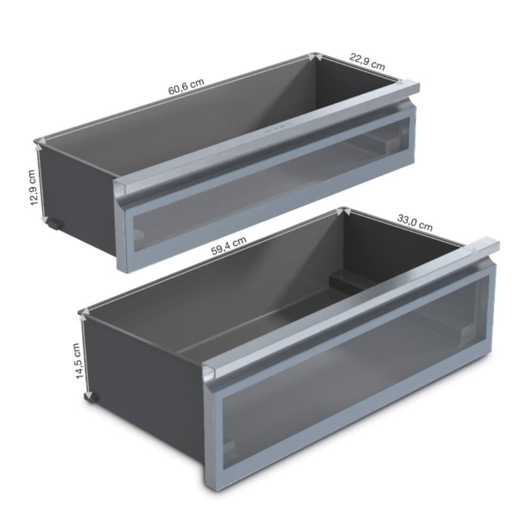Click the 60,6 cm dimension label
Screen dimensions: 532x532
click(186, 87)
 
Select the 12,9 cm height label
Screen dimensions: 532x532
click(32, 187)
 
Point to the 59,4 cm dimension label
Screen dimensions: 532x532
click(228, 245)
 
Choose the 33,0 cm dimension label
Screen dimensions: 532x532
click(415, 222)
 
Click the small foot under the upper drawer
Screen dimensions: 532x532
click(54, 224)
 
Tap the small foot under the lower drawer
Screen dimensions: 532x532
click(93, 397)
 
